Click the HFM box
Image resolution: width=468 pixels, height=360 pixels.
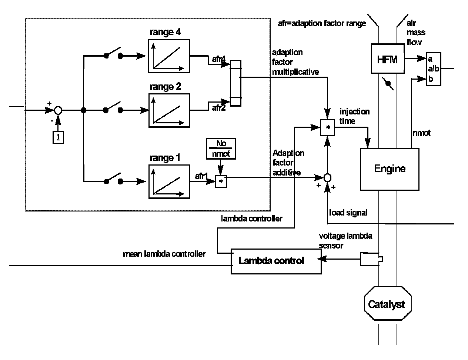click(387, 59)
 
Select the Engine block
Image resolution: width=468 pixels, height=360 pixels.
click(390, 169)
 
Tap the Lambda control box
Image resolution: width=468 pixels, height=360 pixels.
click(276, 261)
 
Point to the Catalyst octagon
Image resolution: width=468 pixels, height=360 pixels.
click(386, 304)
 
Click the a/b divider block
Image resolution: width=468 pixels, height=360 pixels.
click(433, 69)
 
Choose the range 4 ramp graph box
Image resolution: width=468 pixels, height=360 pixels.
click(169, 56)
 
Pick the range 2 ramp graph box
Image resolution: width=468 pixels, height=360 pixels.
click(169, 110)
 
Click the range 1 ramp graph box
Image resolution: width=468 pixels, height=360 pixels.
click(169, 181)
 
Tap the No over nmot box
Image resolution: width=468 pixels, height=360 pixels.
click(221, 149)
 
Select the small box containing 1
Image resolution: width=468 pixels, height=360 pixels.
click(58, 137)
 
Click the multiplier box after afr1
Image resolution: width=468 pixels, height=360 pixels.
click(221, 181)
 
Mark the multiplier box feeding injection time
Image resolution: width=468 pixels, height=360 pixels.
click(327, 128)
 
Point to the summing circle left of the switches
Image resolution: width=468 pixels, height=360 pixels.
click(58, 110)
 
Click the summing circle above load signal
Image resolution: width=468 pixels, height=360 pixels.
click(327, 178)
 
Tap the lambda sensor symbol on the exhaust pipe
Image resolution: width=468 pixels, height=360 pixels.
click(371, 259)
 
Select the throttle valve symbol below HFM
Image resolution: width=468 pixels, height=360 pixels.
click(388, 84)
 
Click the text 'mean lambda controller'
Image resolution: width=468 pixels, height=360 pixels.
click(164, 254)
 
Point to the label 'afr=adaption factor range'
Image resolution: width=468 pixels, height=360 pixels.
click(322, 24)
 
